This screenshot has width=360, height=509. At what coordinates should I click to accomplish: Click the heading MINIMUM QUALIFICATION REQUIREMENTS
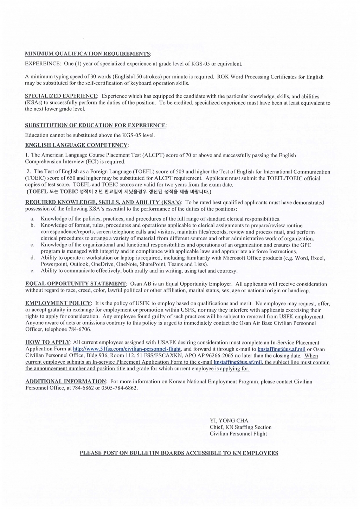coord(88,54)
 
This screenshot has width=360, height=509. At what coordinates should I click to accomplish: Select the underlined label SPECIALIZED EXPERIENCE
coord(61,96)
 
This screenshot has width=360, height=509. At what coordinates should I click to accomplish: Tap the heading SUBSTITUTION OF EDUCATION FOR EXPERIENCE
coord(95,126)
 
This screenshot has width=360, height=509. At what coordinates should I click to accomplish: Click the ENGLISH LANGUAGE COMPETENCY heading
coord(76,145)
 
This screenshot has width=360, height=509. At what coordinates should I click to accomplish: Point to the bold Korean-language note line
coord(119,192)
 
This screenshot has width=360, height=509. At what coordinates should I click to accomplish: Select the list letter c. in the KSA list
coord(32,245)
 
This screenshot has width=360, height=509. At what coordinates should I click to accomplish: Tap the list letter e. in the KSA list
coord(32,271)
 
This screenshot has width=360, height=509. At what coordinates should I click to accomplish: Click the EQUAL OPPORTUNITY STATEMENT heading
coord(76,284)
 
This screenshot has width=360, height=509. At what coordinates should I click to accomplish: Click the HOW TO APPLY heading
coord(48,342)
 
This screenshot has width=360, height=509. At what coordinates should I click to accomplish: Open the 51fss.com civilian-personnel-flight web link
coord(127,349)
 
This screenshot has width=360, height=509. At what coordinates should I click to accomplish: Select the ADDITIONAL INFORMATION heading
coord(65,381)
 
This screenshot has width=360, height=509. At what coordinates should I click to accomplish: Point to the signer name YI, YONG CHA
coord(229,420)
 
